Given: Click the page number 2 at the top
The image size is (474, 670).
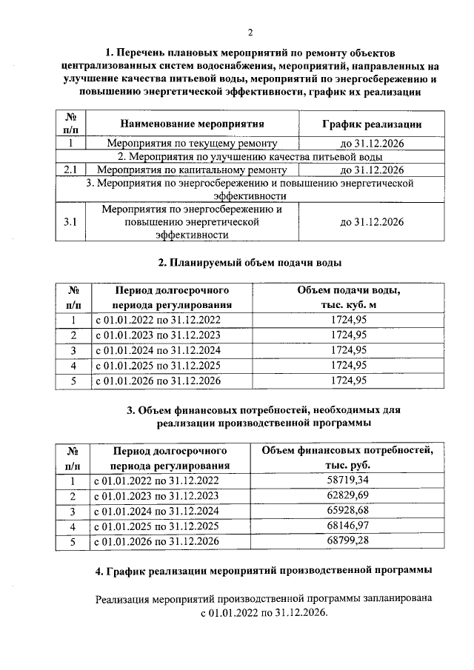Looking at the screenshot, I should (x=250, y=32).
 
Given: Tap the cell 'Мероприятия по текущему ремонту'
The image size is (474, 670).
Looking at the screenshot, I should (x=192, y=144).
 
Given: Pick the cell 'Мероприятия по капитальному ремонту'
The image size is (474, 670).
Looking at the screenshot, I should (x=192, y=170).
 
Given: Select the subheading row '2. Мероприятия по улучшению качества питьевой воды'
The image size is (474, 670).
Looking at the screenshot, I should (x=250, y=157).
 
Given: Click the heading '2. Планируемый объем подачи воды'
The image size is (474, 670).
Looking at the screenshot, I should (x=250, y=262).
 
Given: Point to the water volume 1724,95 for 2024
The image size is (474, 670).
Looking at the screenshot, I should (x=348, y=350).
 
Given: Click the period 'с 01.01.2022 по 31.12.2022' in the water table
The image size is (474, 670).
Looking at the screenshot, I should (x=157, y=320).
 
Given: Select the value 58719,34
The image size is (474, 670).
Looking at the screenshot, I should (x=348, y=480).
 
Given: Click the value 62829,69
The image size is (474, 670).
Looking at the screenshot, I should (x=348, y=495).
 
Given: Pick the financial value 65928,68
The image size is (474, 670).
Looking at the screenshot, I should (x=348, y=511).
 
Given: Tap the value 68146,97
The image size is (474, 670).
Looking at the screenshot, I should (x=348, y=526).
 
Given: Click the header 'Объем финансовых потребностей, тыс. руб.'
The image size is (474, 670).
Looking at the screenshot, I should (x=348, y=458).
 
